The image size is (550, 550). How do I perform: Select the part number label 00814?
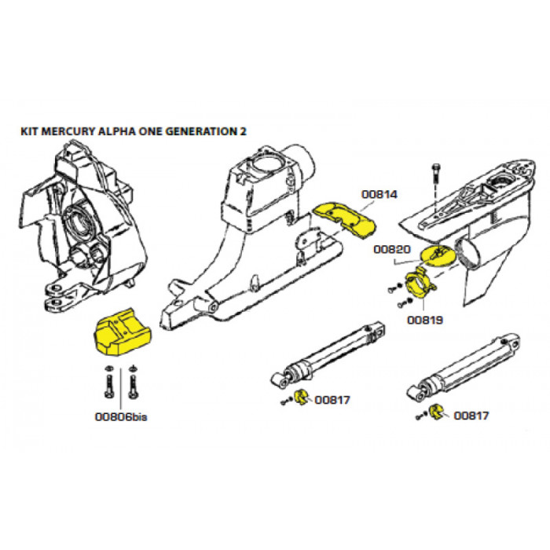point(379,194)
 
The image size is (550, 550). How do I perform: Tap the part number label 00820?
point(392,249)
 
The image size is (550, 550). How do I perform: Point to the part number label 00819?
point(425,320)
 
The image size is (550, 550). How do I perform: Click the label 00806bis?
point(121,416)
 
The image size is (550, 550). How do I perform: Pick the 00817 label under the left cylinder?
point(332,400)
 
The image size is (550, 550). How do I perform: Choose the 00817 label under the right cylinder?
point(471,416)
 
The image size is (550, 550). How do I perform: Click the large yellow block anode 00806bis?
point(122,332)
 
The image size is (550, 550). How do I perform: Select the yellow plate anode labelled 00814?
point(344,218)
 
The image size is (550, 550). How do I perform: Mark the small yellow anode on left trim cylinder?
point(301,397)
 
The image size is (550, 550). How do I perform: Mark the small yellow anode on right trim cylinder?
point(436,412)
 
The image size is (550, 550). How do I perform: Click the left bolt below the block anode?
point(109,383)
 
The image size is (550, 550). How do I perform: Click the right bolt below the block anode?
point(133,383)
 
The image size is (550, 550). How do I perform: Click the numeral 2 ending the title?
point(243,131)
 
